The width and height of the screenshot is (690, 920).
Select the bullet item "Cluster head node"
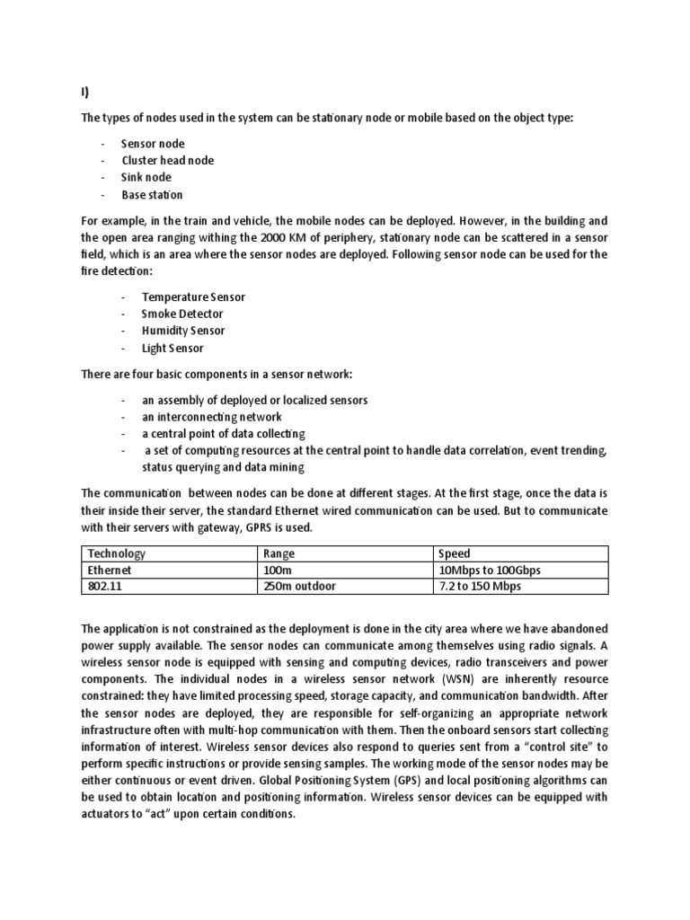[168, 161]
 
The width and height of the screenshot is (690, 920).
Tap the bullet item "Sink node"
[146, 178]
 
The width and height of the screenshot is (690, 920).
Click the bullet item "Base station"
[153, 195]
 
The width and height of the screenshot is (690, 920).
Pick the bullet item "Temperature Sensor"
[193, 296]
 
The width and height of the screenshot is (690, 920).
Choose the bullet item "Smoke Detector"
[182, 314]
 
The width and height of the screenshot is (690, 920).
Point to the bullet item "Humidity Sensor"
[183, 331]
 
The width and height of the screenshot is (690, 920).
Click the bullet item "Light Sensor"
[172, 348]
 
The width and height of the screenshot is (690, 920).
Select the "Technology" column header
[116, 554]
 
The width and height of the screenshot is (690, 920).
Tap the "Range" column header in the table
[279, 554]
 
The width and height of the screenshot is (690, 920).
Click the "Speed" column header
[455, 554]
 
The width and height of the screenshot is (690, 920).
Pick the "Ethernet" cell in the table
[110, 571]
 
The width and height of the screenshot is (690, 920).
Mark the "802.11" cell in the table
[105, 587]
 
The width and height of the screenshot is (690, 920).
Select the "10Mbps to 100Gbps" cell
[490, 571]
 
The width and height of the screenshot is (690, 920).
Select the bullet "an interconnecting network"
[211, 416]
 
